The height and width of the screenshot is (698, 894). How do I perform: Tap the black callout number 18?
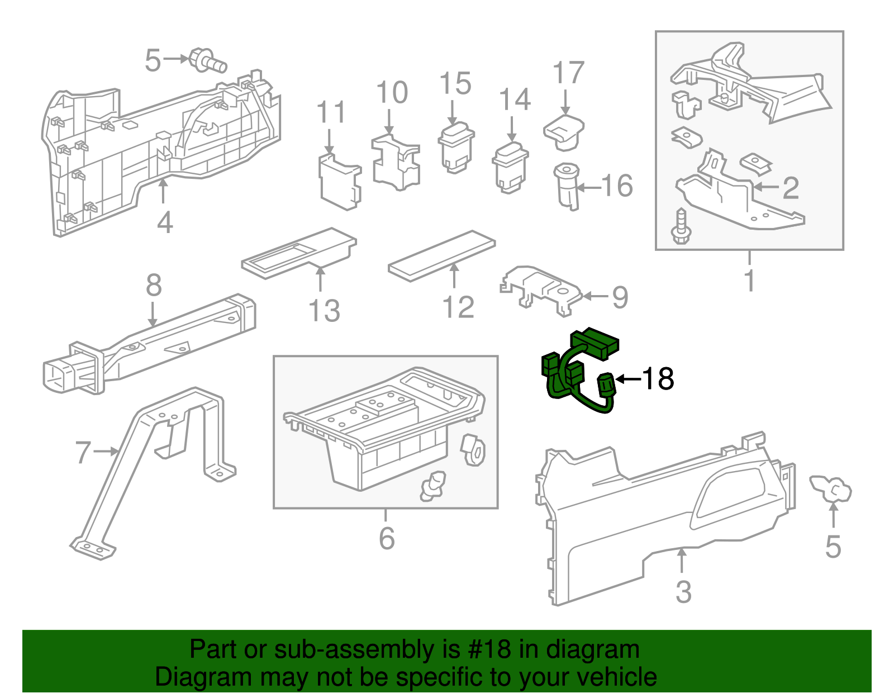(x=658, y=379)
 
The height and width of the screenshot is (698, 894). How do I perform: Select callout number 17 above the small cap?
(x=568, y=73)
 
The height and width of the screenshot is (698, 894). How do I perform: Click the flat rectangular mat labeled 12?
(x=441, y=256)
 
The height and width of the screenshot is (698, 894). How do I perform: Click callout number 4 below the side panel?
(x=164, y=223)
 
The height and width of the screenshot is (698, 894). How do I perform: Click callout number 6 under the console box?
(x=387, y=538)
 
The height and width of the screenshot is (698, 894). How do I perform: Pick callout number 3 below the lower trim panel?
(x=683, y=591)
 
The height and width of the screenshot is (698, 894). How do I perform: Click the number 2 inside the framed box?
(x=790, y=188)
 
